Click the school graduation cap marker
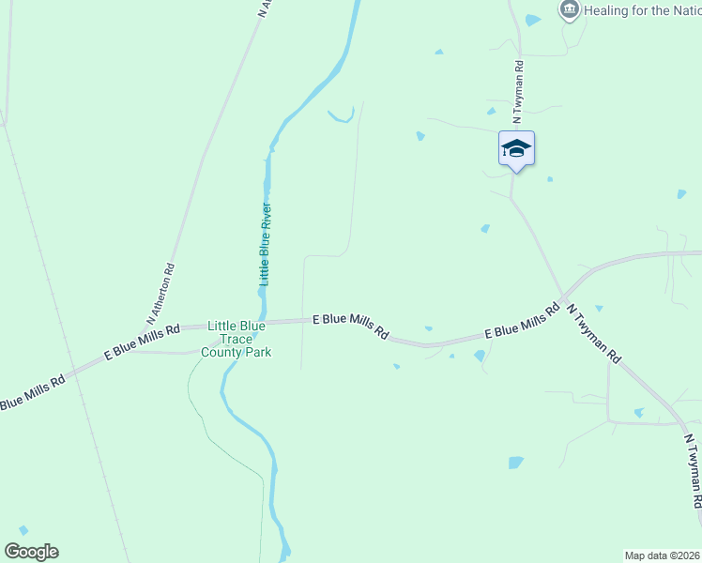pos(516,149)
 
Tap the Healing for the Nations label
pos(642,11)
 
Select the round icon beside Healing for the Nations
pos(569,10)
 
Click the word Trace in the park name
pos(237,339)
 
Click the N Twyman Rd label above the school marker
pos(517,92)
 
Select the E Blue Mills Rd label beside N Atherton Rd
pos(141,342)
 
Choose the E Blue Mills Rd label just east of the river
pos(350,326)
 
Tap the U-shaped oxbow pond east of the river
pos(341,117)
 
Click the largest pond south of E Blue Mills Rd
pos(516,463)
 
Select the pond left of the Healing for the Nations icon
pos(533,20)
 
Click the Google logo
pos(31,552)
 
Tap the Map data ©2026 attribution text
pos(661,555)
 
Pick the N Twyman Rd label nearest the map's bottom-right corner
pos(694,471)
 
